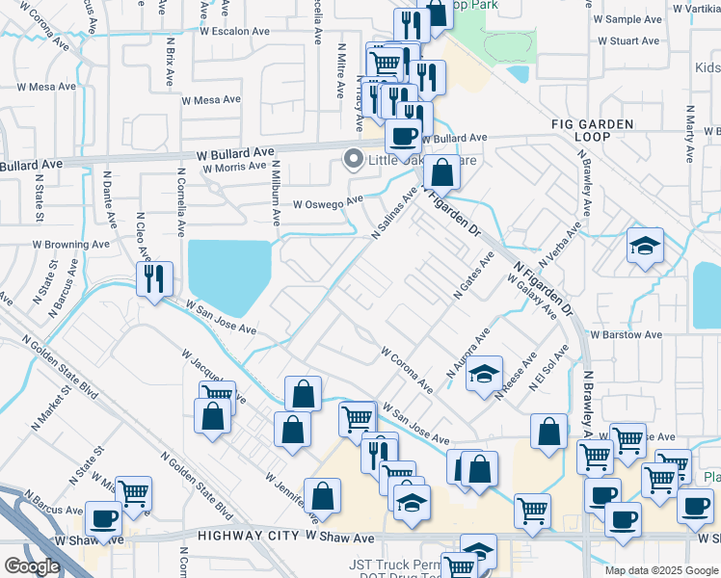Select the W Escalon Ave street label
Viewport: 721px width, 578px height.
tap(236, 31)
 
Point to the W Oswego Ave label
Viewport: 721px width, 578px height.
tap(329, 203)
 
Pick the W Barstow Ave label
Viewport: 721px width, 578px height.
tap(627, 334)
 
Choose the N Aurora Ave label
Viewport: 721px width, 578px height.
tap(468, 352)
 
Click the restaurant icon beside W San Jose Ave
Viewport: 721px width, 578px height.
tap(154, 279)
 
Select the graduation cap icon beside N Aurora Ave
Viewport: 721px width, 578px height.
tap(484, 374)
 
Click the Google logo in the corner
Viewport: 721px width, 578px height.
tap(32, 566)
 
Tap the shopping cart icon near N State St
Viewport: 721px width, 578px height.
tap(133, 493)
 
